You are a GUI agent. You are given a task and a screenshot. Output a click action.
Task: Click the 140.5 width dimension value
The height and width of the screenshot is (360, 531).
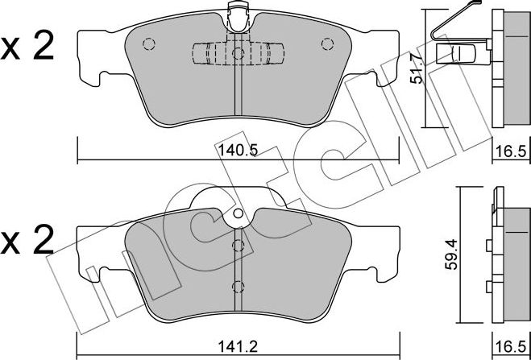tap(238, 151)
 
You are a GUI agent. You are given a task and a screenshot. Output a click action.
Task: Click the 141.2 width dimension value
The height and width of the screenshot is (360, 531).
tap(238, 347)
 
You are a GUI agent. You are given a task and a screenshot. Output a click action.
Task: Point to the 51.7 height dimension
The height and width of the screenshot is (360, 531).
tap(417, 70)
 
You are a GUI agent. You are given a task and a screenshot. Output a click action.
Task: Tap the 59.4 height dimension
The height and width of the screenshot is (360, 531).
tap(450, 254)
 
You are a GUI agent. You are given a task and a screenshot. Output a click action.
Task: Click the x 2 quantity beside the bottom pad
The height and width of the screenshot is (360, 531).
tap(27, 239)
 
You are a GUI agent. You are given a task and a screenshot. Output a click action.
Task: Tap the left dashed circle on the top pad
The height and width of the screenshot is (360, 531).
tap(149, 44)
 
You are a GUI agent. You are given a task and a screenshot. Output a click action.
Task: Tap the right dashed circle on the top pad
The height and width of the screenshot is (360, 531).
tap(327, 44)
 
